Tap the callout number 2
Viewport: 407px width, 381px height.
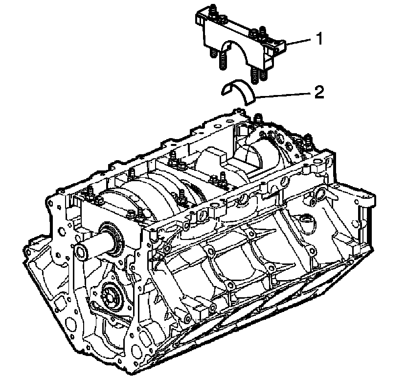[318, 92]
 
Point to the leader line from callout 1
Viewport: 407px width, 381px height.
[299, 43]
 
